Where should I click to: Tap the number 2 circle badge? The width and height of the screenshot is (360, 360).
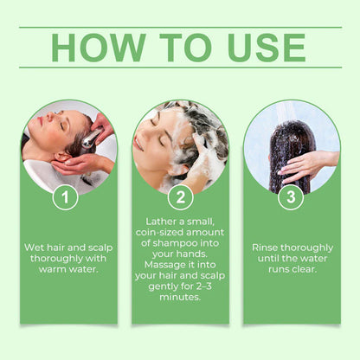[x=179, y=197]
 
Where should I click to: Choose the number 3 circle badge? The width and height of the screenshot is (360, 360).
[x=291, y=197]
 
